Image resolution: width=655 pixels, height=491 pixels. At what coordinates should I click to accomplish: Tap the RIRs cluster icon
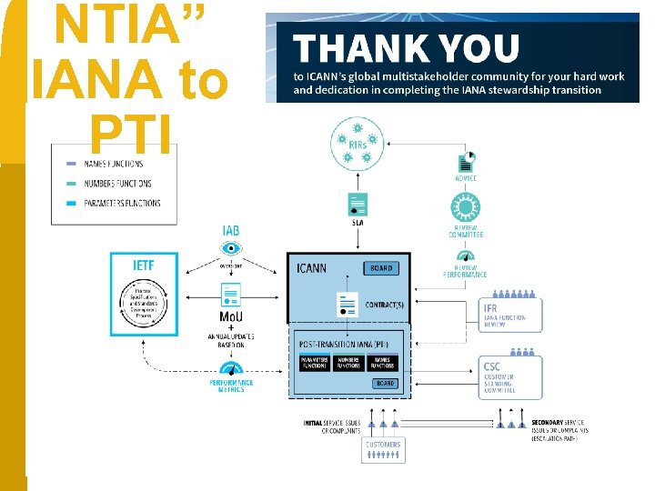tap(357, 148)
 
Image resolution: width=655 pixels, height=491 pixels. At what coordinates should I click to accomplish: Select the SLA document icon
tap(358, 204)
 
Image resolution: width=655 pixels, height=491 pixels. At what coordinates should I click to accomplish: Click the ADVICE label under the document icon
tap(465, 178)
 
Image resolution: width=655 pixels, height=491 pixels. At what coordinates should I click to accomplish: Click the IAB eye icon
tap(231, 248)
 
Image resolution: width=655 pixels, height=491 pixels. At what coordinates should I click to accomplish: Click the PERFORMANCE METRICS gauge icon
tap(231, 370)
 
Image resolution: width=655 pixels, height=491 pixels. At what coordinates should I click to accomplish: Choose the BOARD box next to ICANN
tap(382, 268)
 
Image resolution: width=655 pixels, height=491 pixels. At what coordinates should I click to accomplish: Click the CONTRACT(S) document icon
tap(347, 304)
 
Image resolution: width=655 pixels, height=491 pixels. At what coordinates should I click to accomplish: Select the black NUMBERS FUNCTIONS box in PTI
tap(348, 363)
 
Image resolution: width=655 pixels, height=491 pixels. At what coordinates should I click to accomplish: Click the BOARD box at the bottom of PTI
tap(385, 384)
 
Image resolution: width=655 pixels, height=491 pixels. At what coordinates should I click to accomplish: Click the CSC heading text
tap(492, 367)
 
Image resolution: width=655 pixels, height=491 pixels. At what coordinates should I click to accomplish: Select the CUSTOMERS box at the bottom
tap(383, 446)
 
